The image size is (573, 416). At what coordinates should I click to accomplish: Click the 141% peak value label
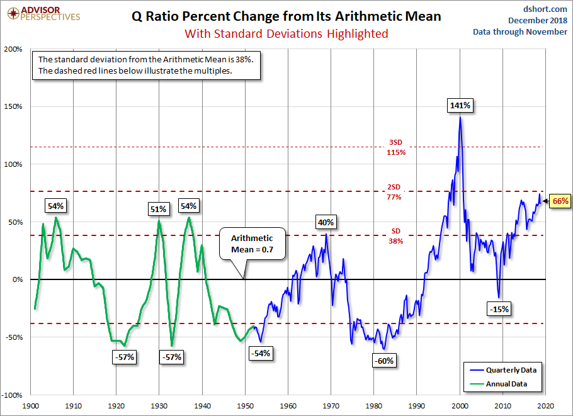click(460, 105)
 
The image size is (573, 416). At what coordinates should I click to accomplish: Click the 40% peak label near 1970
click(326, 222)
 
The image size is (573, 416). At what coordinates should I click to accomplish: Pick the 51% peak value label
click(158, 209)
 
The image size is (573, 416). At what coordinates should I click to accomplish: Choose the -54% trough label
click(261, 353)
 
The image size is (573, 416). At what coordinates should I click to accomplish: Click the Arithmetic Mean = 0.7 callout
click(252, 244)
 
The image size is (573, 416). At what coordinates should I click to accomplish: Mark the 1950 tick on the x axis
click(246, 406)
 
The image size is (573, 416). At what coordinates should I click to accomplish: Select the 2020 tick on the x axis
click(546, 406)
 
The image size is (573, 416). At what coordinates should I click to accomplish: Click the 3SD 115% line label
click(396, 147)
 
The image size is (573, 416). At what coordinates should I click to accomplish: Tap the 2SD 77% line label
click(396, 192)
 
